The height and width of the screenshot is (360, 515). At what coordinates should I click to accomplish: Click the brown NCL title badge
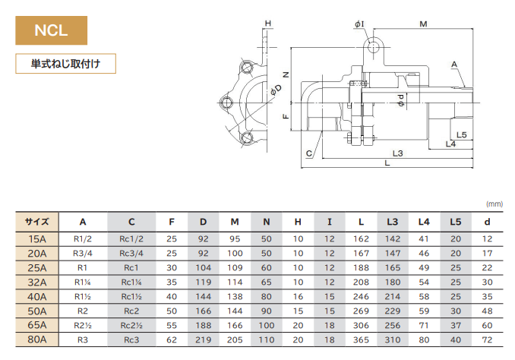(51, 30)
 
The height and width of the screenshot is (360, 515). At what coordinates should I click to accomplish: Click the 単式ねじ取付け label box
(65, 63)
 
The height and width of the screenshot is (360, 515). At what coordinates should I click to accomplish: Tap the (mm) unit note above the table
(494, 204)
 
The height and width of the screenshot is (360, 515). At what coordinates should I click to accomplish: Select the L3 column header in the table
(393, 222)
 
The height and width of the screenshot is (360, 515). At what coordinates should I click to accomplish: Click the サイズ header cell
(37, 222)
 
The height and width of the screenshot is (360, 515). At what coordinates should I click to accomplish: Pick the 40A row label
(37, 297)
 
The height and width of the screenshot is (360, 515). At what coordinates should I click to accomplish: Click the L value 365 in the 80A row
(361, 339)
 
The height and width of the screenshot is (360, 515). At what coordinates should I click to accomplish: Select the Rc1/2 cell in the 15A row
(131, 238)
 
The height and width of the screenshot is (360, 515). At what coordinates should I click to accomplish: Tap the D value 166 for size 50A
(204, 311)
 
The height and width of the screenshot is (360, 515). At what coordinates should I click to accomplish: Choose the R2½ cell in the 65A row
(83, 326)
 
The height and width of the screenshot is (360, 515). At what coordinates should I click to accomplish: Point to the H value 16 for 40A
(298, 297)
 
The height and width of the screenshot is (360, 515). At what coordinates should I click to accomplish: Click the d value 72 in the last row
(487, 339)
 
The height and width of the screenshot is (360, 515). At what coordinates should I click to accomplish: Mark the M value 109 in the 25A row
(235, 267)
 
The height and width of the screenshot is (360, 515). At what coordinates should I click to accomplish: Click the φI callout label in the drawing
(359, 24)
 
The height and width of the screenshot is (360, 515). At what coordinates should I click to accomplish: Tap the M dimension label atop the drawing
(423, 24)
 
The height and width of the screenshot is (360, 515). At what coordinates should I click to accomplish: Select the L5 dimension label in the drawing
(462, 134)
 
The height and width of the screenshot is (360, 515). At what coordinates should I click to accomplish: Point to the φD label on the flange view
(276, 90)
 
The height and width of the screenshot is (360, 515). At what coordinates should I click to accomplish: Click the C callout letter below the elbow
(308, 153)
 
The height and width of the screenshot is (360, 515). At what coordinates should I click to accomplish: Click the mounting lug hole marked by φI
(373, 47)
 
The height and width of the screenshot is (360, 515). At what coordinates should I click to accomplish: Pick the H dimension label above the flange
(268, 24)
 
